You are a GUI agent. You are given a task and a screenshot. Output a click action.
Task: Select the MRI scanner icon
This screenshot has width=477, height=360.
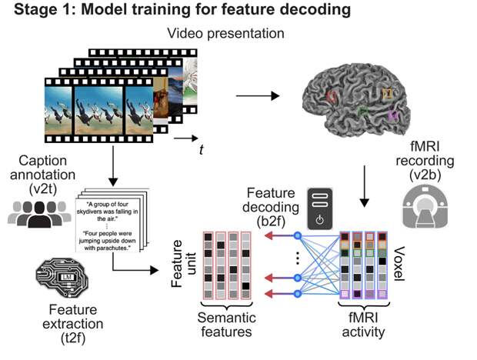point(427,210)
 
